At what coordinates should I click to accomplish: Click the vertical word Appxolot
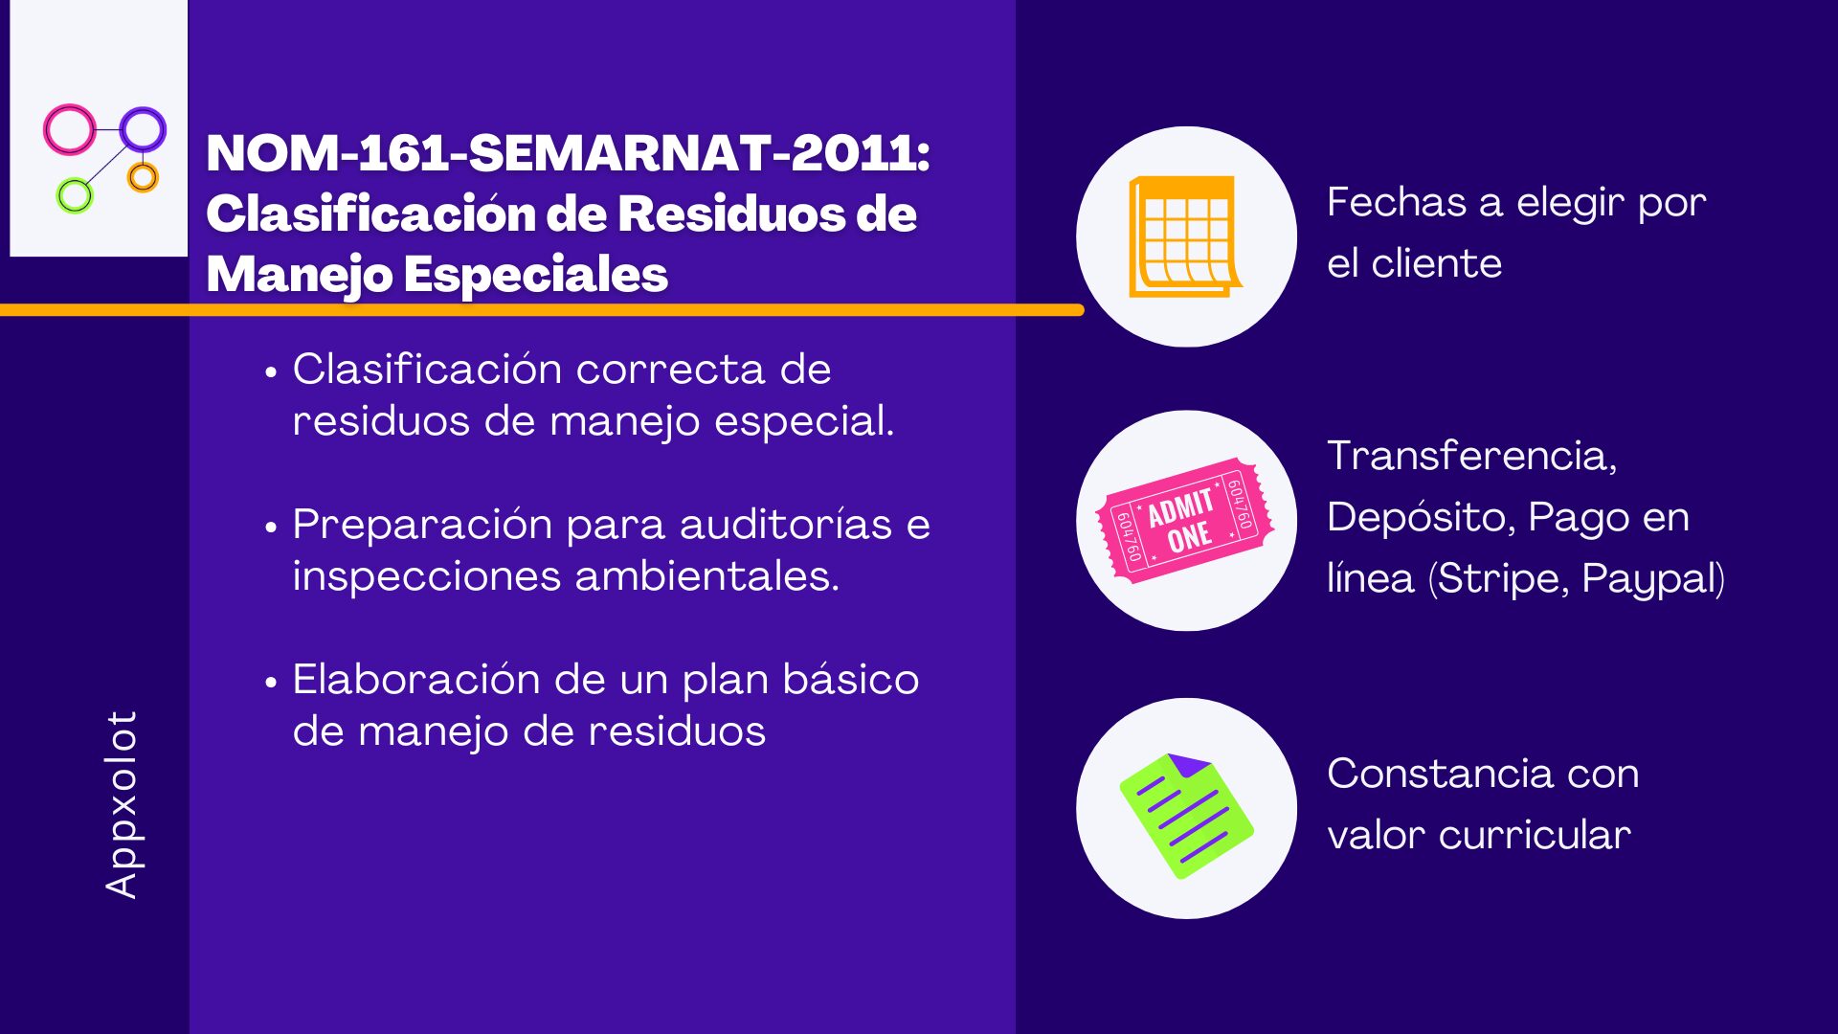(x=122, y=804)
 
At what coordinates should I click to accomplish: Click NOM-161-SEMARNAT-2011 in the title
(x=568, y=153)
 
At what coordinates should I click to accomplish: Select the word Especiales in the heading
(x=535, y=275)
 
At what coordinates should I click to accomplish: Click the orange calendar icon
(x=1185, y=236)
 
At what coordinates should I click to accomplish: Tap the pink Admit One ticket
(x=1186, y=521)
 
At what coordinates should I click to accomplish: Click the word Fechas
(x=1397, y=203)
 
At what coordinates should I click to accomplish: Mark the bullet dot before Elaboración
(x=272, y=683)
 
